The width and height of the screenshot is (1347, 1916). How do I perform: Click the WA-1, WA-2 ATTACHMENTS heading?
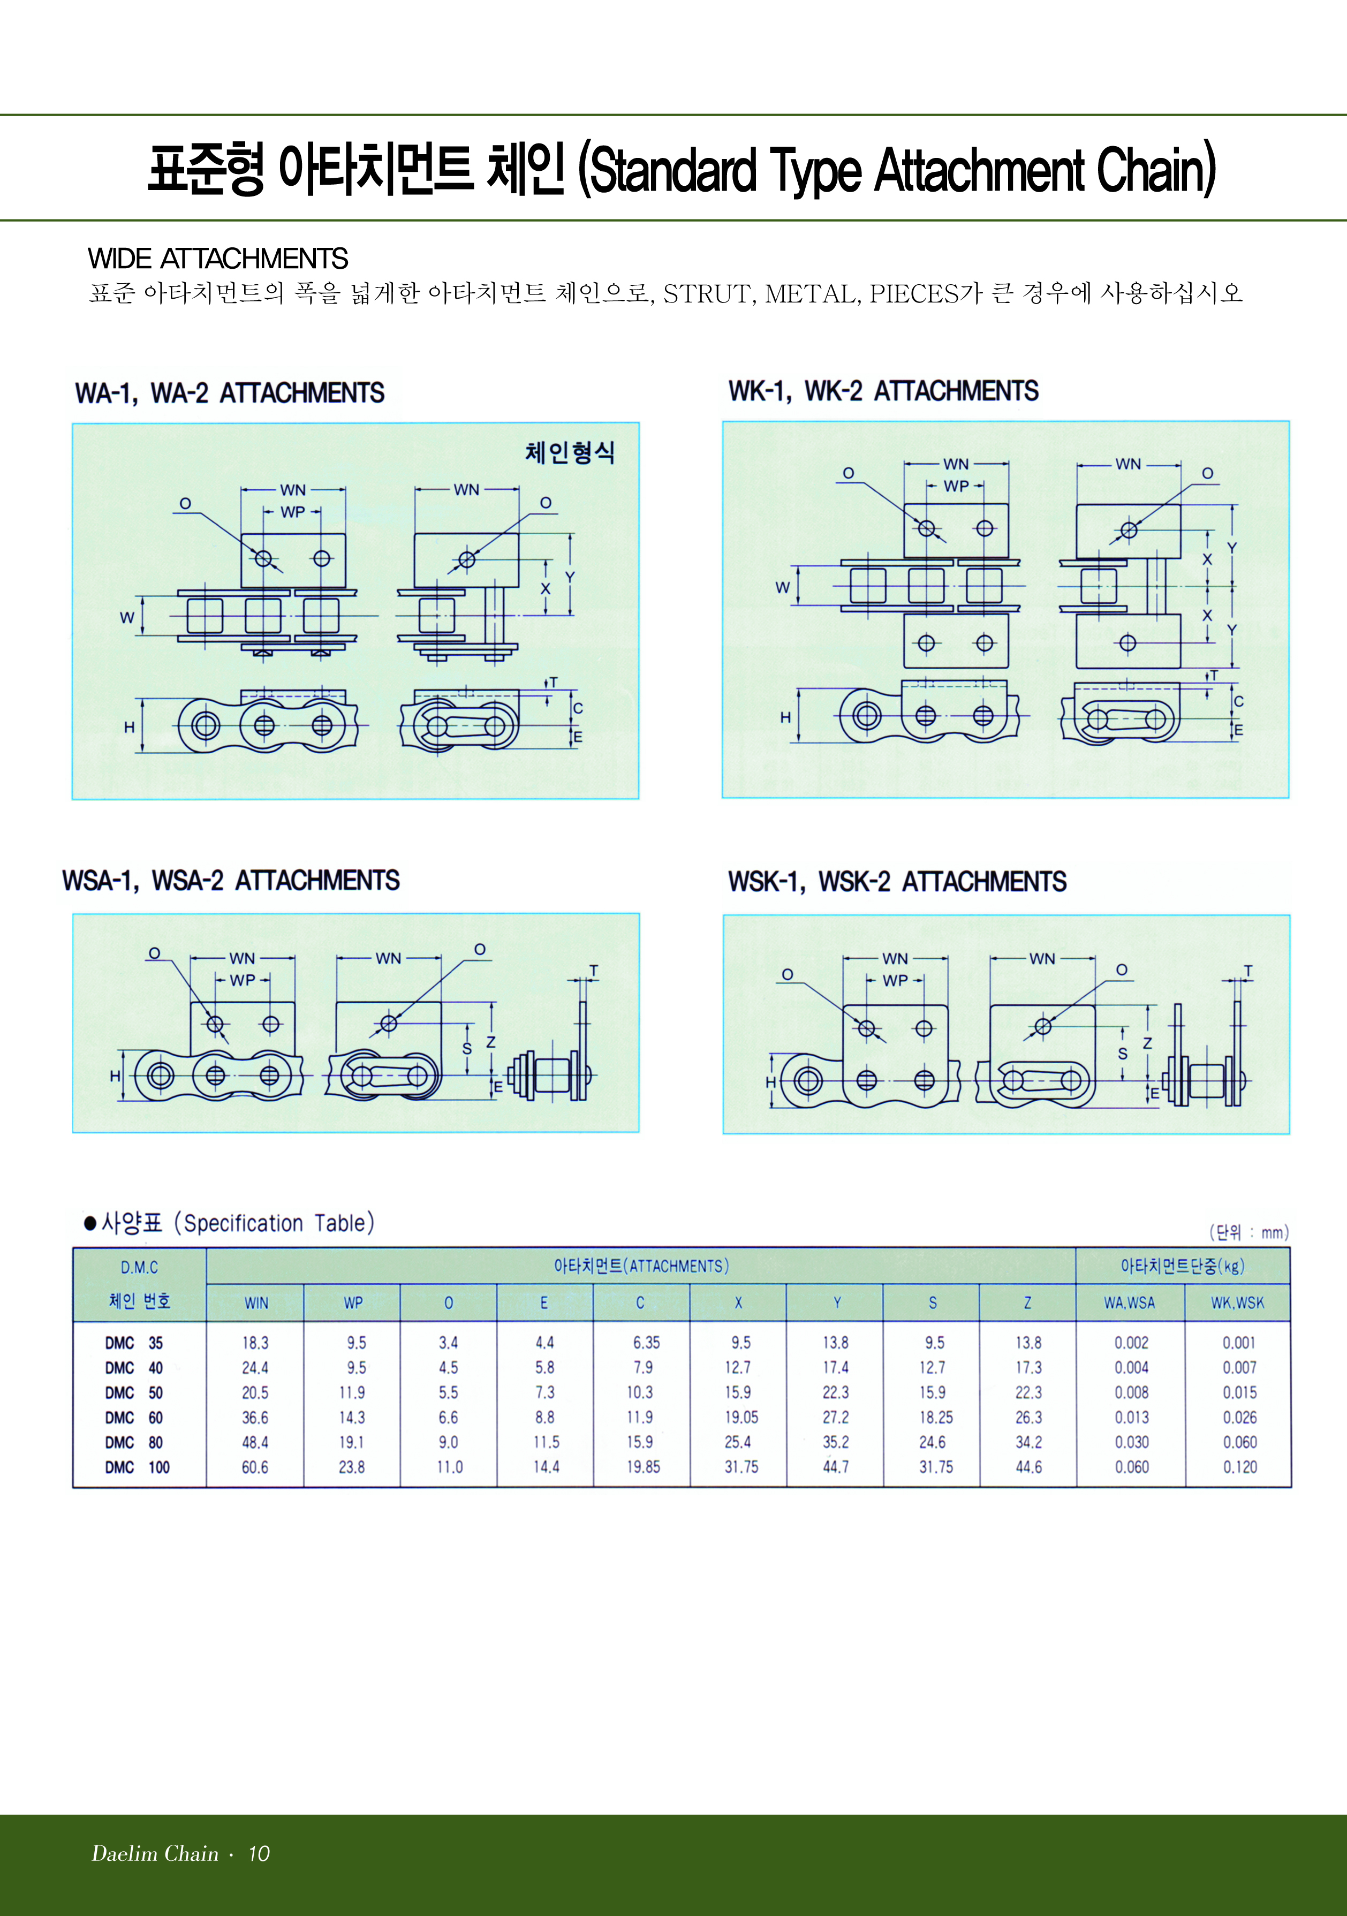(x=230, y=393)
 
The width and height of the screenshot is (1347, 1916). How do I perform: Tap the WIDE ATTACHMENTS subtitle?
(x=218, y=259)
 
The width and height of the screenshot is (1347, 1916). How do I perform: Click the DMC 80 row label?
(x=133, y=1442)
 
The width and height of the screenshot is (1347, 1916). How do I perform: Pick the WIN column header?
(x=256, y=1302)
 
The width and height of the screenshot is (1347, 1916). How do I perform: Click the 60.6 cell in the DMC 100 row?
(x=255, y=1467)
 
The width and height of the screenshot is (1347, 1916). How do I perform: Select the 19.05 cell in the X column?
(x=741, y=1417)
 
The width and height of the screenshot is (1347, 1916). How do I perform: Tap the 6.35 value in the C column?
(x=646, y=1343)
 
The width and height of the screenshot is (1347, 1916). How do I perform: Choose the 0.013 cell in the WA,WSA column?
(x=1132, y=1417)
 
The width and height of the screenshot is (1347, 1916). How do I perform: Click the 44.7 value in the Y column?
(x=835, y=1467)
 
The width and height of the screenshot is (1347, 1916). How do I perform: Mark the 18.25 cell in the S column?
(x=935, y=1417)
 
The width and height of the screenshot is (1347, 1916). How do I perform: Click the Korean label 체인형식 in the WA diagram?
(x=570, y=452)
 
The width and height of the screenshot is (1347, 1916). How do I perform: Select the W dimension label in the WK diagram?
(x=782, y=587)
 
